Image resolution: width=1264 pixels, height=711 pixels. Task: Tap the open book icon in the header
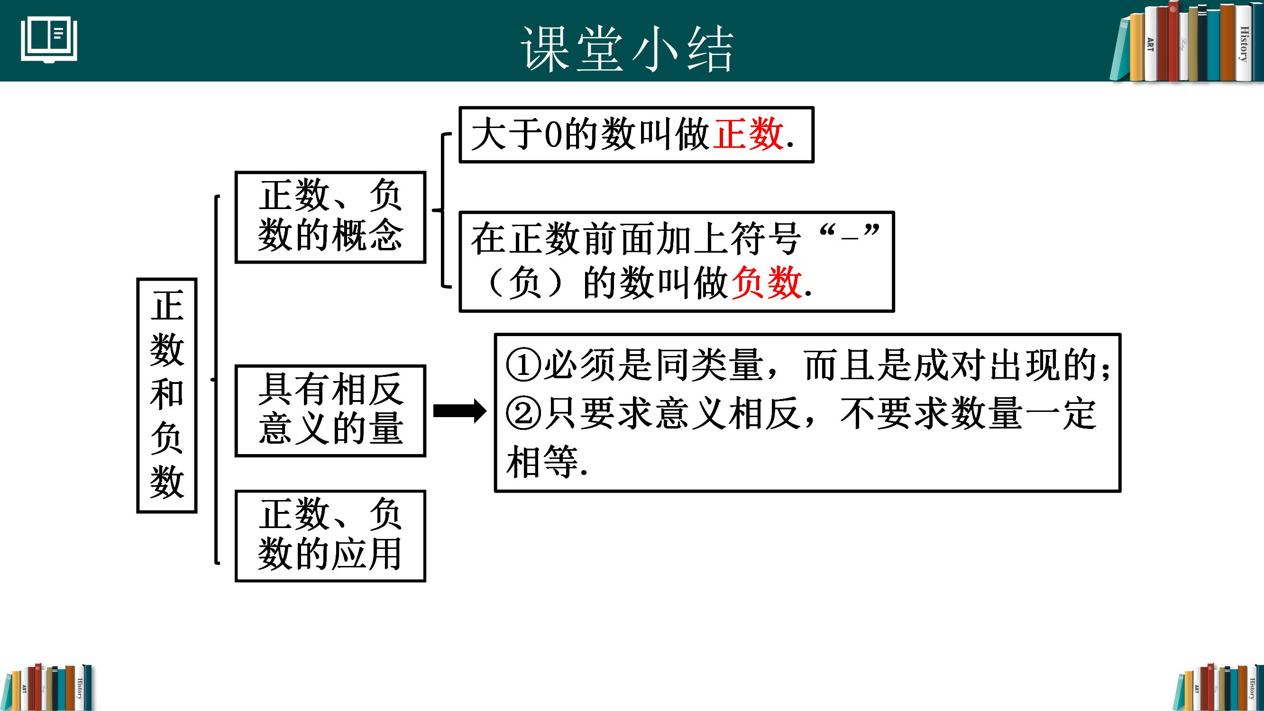49,40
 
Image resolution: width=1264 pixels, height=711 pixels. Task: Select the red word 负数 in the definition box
767,283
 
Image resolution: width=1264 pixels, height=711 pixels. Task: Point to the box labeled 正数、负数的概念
330,217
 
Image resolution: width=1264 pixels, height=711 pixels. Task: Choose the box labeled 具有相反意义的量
330,410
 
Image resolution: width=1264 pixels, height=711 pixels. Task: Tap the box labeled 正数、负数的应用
330,536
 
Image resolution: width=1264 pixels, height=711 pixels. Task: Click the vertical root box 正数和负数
167,395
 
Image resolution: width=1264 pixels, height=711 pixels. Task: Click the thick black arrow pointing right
460,410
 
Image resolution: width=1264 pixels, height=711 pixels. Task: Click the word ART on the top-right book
1150,44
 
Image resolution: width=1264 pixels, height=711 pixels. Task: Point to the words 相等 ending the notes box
542,462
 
